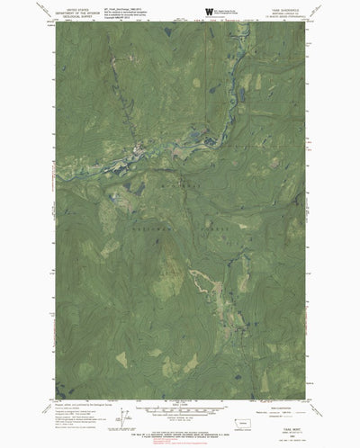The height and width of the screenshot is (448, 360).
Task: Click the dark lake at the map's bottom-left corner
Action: point(59,392)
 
